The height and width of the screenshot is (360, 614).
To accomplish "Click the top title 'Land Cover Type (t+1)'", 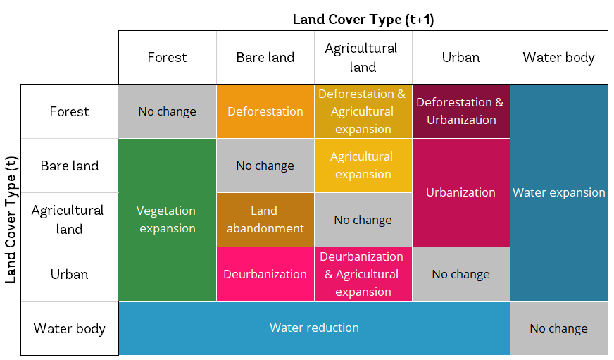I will tap(363, 19).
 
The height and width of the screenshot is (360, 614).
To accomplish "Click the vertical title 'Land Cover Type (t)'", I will tap(11, 219).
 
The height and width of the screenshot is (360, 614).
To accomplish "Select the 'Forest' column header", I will tap(167, 58).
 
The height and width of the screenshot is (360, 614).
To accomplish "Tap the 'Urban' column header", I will tap(461, 58).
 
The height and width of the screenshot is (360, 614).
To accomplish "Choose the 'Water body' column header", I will tap(558, 58).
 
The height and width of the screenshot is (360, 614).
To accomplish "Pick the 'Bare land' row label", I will tap(70, 166).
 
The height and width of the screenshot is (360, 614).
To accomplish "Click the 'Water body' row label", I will tap(70, 328).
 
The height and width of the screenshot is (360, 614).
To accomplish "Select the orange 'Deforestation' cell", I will tap(265, 111).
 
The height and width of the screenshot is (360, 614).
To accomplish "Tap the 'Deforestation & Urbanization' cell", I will tap(461, 111).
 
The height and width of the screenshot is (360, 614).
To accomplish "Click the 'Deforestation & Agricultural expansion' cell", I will tap(363, 111).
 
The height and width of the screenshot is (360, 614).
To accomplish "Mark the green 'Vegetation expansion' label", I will tap(167, 219).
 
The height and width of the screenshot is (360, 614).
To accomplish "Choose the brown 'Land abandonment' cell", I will tap(265, 219).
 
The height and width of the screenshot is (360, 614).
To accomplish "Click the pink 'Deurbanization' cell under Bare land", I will tap(265, 274).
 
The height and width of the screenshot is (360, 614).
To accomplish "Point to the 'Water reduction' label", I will tap(314, 328).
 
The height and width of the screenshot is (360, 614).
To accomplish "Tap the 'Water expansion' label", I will tap(558, 192).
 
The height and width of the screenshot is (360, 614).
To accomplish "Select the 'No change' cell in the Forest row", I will tap(167, 111).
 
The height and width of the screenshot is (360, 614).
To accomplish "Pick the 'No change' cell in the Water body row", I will tap(558, 328).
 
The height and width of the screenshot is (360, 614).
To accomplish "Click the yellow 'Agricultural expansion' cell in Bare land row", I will tap(363, 166).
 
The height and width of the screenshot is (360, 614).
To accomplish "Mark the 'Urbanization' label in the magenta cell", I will tap(461, 192).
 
